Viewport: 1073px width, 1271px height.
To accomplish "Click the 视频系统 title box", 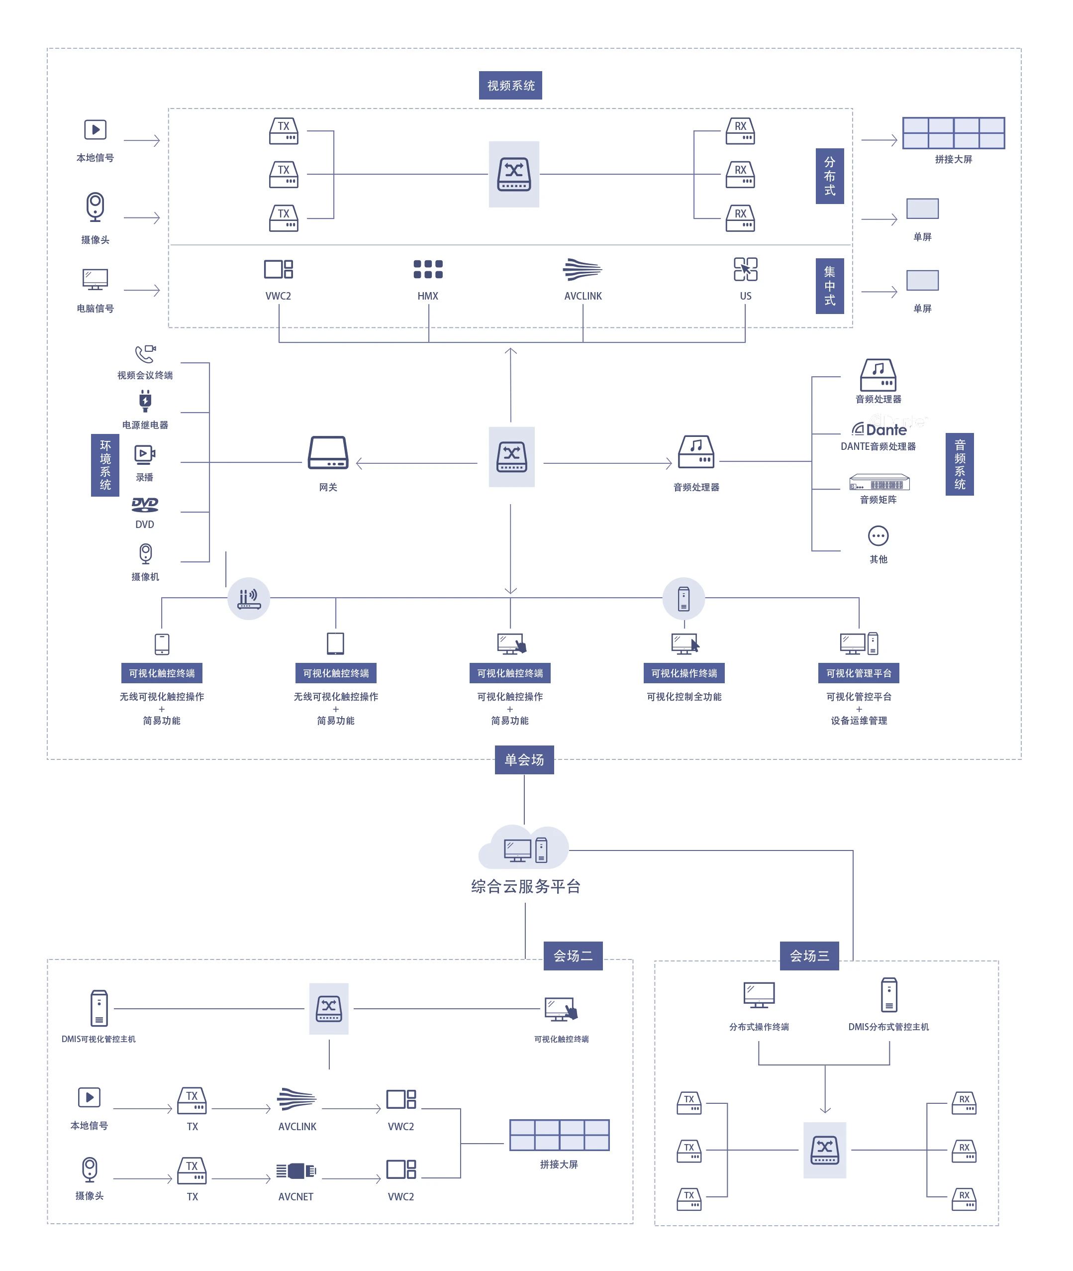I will click(510, 85).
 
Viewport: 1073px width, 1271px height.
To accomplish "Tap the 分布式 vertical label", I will click(829, 176).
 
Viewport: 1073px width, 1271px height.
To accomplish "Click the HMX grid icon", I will click(428, 269).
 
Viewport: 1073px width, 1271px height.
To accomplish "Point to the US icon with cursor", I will click(745, 269).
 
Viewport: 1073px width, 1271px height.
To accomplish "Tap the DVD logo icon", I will click(145, 504).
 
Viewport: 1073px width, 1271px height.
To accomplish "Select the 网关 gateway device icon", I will click(328, 453).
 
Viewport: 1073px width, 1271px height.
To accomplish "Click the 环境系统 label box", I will click(105, 465).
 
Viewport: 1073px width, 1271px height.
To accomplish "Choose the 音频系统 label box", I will click(959, 464).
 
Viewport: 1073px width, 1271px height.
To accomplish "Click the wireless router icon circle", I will click(248, 599).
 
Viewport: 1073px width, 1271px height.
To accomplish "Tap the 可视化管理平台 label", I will click(858, 673).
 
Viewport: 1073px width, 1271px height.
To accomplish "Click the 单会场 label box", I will click(524, 759).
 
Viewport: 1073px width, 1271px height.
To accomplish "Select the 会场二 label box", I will click(573, 955).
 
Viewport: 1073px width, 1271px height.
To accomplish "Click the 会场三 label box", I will click(809, 955).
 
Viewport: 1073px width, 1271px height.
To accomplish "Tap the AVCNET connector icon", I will click(296, 1170).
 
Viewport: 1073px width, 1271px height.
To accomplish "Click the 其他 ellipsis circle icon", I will click(878, 536).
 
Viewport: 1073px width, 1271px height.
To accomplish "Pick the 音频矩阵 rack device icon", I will click(879, 483).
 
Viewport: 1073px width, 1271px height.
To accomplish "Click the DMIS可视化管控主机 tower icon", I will click(99, 1008).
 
